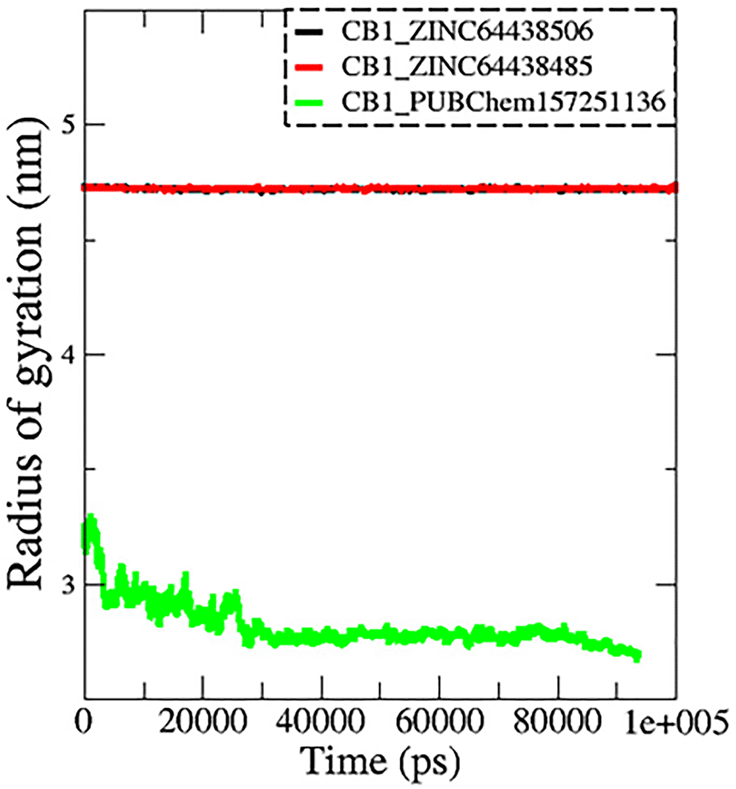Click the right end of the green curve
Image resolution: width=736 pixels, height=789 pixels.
pos(638,655)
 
